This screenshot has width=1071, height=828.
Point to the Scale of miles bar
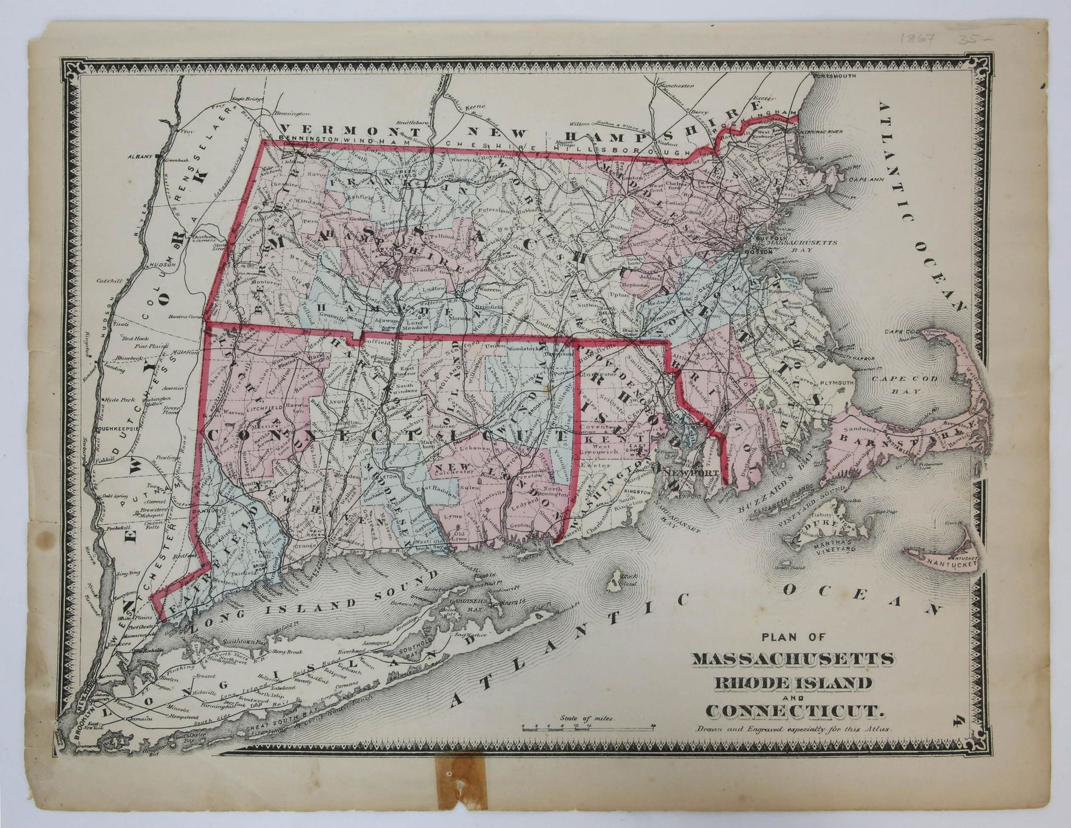588,727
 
